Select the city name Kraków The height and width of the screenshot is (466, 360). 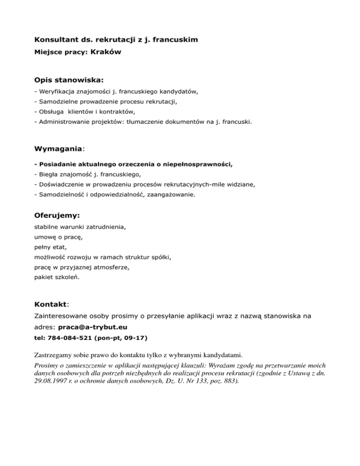[x=105, y=53]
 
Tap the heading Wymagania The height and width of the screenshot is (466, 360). [x=58, y=149]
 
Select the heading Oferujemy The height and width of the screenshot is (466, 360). [x=57, y=216]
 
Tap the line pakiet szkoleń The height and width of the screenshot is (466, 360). [x=57, y=278]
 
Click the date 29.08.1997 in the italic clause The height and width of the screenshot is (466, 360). [x=50, y=381]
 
